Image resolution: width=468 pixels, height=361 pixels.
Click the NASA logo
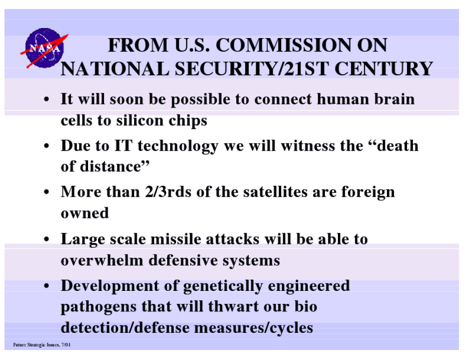click(x=45, y=48)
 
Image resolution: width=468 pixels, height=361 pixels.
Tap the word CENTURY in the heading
click(x=383, y=69)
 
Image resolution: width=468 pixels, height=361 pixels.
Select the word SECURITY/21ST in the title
click(x=252, y=69)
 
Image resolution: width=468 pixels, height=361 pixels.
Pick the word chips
click(x=188, y=121)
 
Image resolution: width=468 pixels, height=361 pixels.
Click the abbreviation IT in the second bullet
click(x=123, y=146)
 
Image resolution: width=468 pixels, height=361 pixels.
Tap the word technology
click(x=178, y=146)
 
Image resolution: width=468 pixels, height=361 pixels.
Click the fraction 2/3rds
click(x=168, y=192)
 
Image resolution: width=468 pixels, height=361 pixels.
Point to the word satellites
click(x=275, y=192)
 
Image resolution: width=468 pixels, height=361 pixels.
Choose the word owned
click(x=85, y=213)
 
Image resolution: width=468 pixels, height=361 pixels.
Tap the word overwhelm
click(x=102, y=260)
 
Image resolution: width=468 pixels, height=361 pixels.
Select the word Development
click(x=110, y=286)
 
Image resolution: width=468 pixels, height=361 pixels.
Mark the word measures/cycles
click(x=253, y=328)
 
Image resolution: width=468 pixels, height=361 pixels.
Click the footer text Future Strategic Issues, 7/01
click(x=42, y=345)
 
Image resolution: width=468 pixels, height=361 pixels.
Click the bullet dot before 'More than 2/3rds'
click(x=46, y=192)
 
